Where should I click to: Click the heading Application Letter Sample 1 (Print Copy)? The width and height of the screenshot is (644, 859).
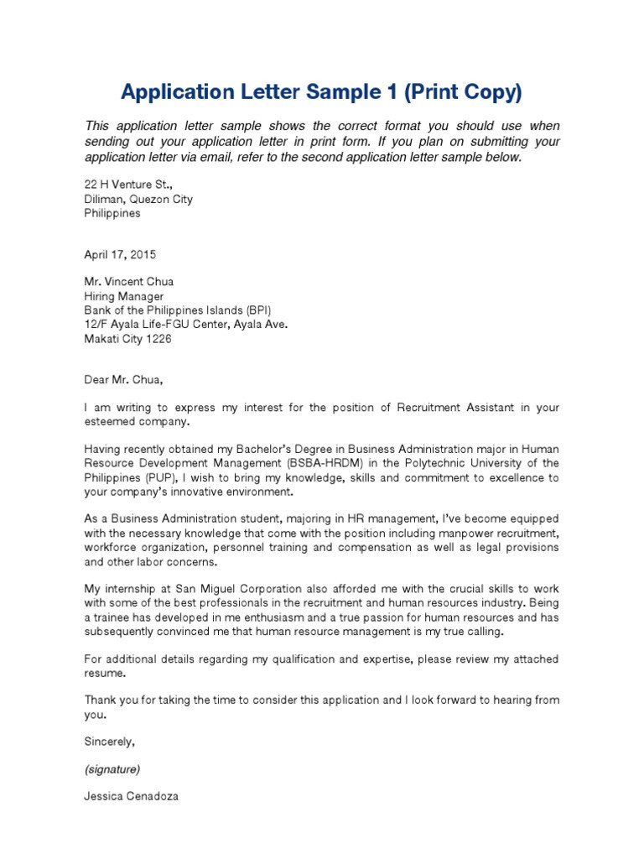point(322,91)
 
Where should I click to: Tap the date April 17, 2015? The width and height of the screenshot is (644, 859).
point(120,254)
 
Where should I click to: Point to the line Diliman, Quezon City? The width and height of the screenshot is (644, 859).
point(138,199)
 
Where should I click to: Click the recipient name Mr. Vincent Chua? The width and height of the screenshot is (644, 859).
point(129,282)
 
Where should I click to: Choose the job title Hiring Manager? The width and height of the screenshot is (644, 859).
point(124,296)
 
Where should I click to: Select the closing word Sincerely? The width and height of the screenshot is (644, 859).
point(109,742)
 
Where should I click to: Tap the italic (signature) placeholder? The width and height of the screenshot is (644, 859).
point(112,768)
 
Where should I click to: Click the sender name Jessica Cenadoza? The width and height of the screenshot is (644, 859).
point(131,796)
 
